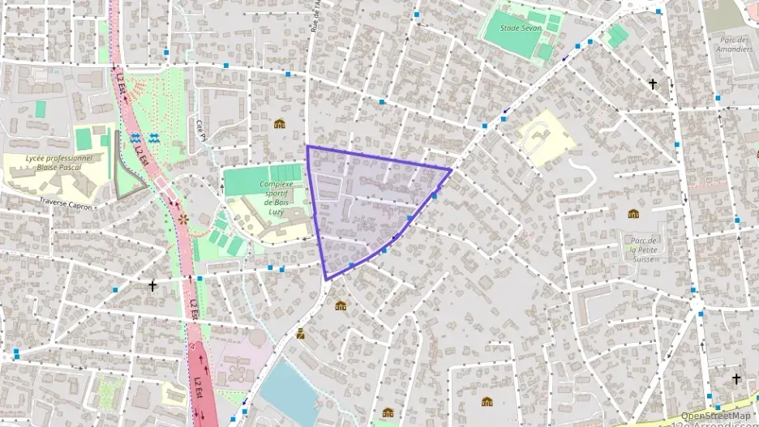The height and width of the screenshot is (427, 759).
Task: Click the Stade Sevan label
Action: coord(521,27)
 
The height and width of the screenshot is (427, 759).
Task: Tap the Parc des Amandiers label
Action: coord(735,44)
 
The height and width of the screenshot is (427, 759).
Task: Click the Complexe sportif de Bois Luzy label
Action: coord(276,194)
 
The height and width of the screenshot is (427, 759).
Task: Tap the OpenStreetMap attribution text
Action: coord(715,416)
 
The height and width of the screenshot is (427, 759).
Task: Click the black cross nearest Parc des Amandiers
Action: coord(652,83)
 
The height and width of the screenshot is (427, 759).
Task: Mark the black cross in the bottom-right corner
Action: coord(736,378)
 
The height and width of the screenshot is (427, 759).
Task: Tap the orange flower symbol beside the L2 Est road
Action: coord(182,219)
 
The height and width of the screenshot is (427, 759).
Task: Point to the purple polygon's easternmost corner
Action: coord(451,169)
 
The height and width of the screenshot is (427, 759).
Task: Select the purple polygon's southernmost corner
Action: coord(327,280)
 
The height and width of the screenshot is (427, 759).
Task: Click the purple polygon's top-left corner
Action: coord(307,147)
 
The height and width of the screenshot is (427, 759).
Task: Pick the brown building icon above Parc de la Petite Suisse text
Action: coord(633,214)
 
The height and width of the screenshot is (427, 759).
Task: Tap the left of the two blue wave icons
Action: coord(135,137)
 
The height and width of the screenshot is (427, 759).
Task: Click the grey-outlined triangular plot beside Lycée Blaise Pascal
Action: coord(128,178)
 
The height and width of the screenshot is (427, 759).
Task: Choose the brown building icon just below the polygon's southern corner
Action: coord(341,305)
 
